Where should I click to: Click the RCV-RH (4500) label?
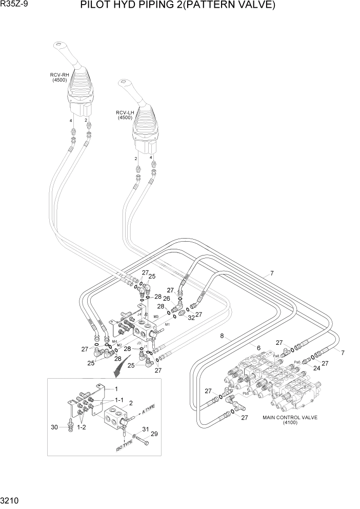coord(59,77)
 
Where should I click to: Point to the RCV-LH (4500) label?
coord(125,115)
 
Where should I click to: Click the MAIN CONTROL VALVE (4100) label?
coord(290,420)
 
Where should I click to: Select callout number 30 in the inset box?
coord(55,427)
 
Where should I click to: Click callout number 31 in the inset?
coord(145,429)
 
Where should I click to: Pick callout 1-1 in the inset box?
coord(118,399)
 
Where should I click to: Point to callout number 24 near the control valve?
coord(316,367)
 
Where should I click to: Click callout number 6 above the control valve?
coord(258,348)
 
